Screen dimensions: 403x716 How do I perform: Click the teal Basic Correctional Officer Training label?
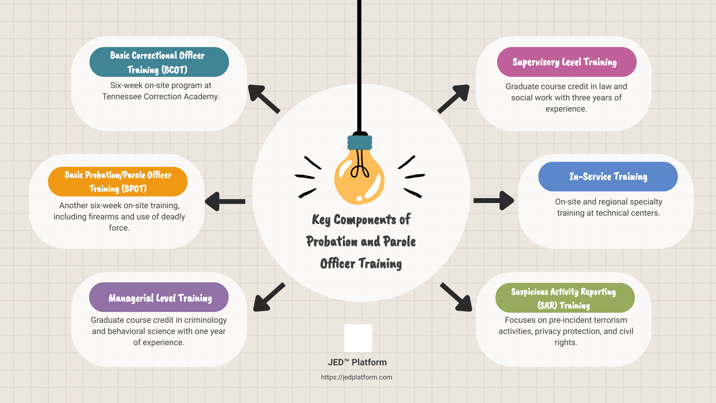[159, 62]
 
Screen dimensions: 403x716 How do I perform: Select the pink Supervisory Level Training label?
[566, 62]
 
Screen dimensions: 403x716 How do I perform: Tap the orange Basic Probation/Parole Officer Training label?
[117, 182]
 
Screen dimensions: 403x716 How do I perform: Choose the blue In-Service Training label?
[608, 176]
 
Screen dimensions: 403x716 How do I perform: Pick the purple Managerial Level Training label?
[159, 297]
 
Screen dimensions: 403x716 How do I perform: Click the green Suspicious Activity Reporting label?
[565, 298]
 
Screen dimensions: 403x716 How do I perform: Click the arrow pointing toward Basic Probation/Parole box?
[224, 201]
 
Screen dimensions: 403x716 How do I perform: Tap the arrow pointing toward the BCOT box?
[264, 99]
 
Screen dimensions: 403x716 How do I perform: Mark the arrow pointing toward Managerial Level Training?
[268, 297]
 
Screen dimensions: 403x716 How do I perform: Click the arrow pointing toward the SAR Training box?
[456, 297]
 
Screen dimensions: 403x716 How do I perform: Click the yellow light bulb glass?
[359, 179]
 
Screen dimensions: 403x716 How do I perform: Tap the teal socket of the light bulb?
[360, 143]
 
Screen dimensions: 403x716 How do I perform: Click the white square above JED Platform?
[358, 338]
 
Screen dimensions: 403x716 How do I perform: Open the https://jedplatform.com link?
[357, 377]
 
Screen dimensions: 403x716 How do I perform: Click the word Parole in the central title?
[399, 242]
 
